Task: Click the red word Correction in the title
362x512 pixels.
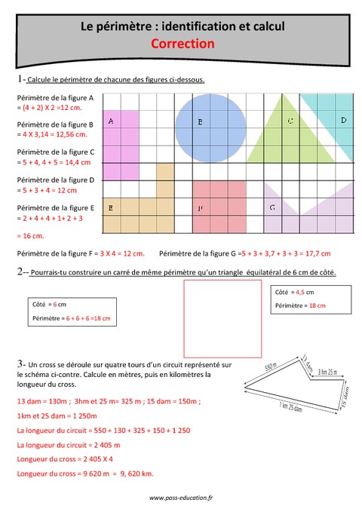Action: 182,44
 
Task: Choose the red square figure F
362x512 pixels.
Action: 219,207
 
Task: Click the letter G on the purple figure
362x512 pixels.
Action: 271,207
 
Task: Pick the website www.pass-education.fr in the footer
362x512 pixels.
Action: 181,498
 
